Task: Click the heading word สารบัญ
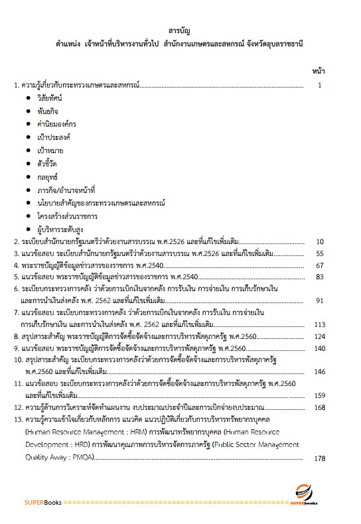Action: [x=180, y=31]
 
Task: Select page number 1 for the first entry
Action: [x=319, y=85]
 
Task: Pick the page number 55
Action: [x=319, y=254]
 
